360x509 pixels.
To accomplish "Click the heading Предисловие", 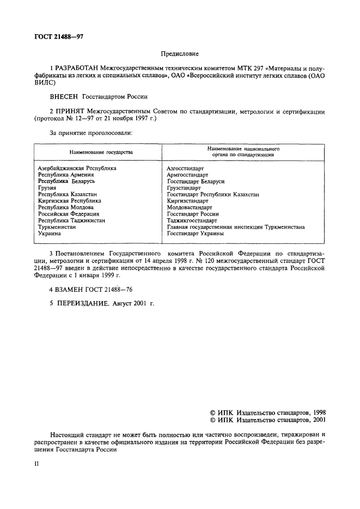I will click(180, 54).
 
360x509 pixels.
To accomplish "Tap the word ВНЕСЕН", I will click(64, 97).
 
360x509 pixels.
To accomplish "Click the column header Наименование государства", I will click(101, 152).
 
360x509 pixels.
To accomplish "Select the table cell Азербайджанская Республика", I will click(77, 168).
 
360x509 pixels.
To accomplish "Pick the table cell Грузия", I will click(47, 188).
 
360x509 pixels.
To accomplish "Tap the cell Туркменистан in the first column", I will click(57, 227).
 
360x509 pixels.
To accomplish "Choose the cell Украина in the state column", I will click(49, 234).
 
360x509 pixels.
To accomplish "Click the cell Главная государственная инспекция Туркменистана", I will click(236, 227).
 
